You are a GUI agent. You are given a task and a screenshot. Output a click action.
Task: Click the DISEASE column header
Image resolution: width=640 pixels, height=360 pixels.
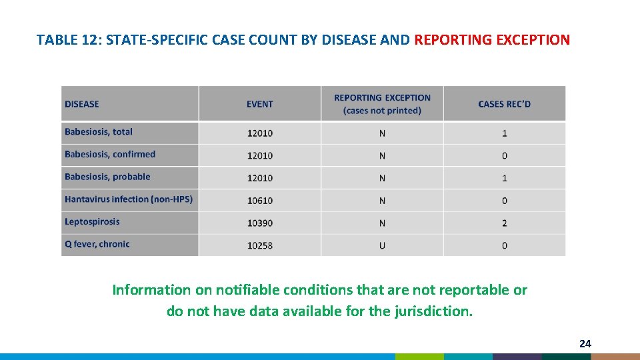(82, 104)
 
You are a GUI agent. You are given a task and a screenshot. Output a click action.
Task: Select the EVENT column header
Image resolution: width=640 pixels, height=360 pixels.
(259, 104)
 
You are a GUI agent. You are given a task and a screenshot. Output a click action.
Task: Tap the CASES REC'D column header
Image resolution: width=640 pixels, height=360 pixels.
(504, 104)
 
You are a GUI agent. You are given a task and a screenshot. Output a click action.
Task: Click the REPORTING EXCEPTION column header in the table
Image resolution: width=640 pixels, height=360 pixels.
(382, 104)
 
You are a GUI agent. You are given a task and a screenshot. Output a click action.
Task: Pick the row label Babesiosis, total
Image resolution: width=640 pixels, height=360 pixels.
(99, 132)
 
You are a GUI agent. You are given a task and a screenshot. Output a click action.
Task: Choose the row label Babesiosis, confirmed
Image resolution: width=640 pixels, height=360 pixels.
(110, 155)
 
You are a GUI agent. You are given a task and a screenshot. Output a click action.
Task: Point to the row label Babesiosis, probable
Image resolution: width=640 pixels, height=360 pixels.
(107, 177)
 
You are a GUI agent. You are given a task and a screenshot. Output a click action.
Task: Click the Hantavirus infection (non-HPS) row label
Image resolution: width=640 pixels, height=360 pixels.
(129, 199)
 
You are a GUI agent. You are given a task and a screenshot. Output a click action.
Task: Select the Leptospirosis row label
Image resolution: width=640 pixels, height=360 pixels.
(92, 222)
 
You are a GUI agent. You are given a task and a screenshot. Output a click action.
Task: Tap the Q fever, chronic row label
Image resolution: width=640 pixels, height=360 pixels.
(97, 245)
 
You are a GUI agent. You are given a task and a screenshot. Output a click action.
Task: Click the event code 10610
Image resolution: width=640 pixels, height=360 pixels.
(259, 201)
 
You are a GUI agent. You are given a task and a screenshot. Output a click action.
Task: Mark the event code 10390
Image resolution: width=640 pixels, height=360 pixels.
(259, 223)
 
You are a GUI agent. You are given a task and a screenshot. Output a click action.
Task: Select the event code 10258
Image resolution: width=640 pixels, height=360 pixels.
(259, 245)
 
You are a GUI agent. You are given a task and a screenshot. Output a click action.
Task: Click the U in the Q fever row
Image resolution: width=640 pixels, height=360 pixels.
(382, 245)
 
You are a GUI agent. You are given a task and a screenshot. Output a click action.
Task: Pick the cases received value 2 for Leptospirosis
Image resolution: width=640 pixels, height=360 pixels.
(504, 223)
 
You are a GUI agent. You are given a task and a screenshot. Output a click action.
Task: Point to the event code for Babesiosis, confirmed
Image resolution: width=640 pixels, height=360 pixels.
(259, 156)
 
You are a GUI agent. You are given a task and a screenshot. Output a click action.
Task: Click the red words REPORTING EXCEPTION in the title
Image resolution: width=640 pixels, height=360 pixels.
(492, 39)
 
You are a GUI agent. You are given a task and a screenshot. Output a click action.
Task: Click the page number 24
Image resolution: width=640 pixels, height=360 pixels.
(585, 344)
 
